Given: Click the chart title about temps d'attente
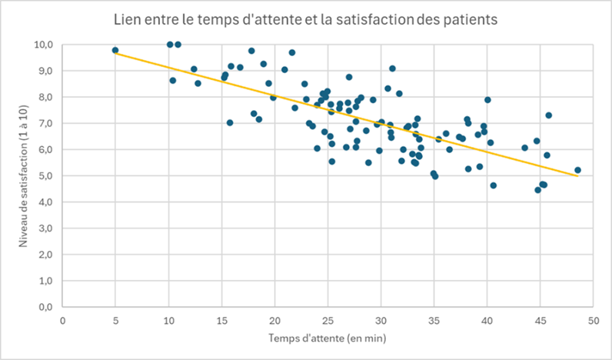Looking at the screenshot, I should coord(305,18).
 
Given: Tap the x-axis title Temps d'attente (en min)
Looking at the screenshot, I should coord(326,337).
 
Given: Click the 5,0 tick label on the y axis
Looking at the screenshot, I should coord(45,175).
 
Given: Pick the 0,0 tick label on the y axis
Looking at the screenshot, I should coord(45,307).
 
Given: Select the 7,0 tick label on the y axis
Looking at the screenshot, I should coord(45,123).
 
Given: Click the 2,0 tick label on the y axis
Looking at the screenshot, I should coord(45,255).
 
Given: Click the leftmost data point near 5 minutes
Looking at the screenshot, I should coord(115,50).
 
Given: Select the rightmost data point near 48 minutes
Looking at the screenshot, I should coord(577,170).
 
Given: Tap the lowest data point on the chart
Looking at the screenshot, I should coord(538,189).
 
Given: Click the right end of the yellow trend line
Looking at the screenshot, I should coord(577,176).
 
